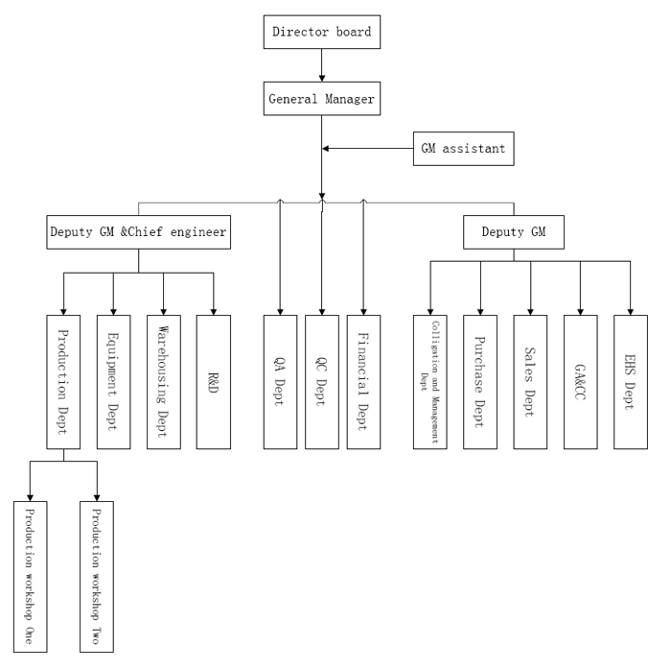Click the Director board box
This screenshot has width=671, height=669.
[321, 32]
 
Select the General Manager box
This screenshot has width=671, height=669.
[321, 97]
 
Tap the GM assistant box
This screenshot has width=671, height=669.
[465, 149]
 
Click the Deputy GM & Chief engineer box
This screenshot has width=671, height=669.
[139, 231]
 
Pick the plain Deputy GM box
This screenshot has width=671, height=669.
[514, 231]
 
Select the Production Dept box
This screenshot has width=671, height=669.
[63, 381]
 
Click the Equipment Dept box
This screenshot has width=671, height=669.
[113, 381]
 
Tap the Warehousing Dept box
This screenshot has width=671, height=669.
[163, 381]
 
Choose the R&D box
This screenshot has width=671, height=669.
[213, 381]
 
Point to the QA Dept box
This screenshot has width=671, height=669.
[280, 381]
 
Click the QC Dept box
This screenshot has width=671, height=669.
[322, 381]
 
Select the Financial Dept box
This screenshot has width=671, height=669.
[364, 381]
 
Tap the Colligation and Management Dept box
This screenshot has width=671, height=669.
[430, 381]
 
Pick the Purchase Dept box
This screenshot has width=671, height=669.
[480, 381]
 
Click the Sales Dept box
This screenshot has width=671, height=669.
[530, 381]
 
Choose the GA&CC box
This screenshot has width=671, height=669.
[580, 381]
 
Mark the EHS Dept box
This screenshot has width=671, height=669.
[631, 381]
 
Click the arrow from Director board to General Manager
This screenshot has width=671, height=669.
[321, 64]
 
